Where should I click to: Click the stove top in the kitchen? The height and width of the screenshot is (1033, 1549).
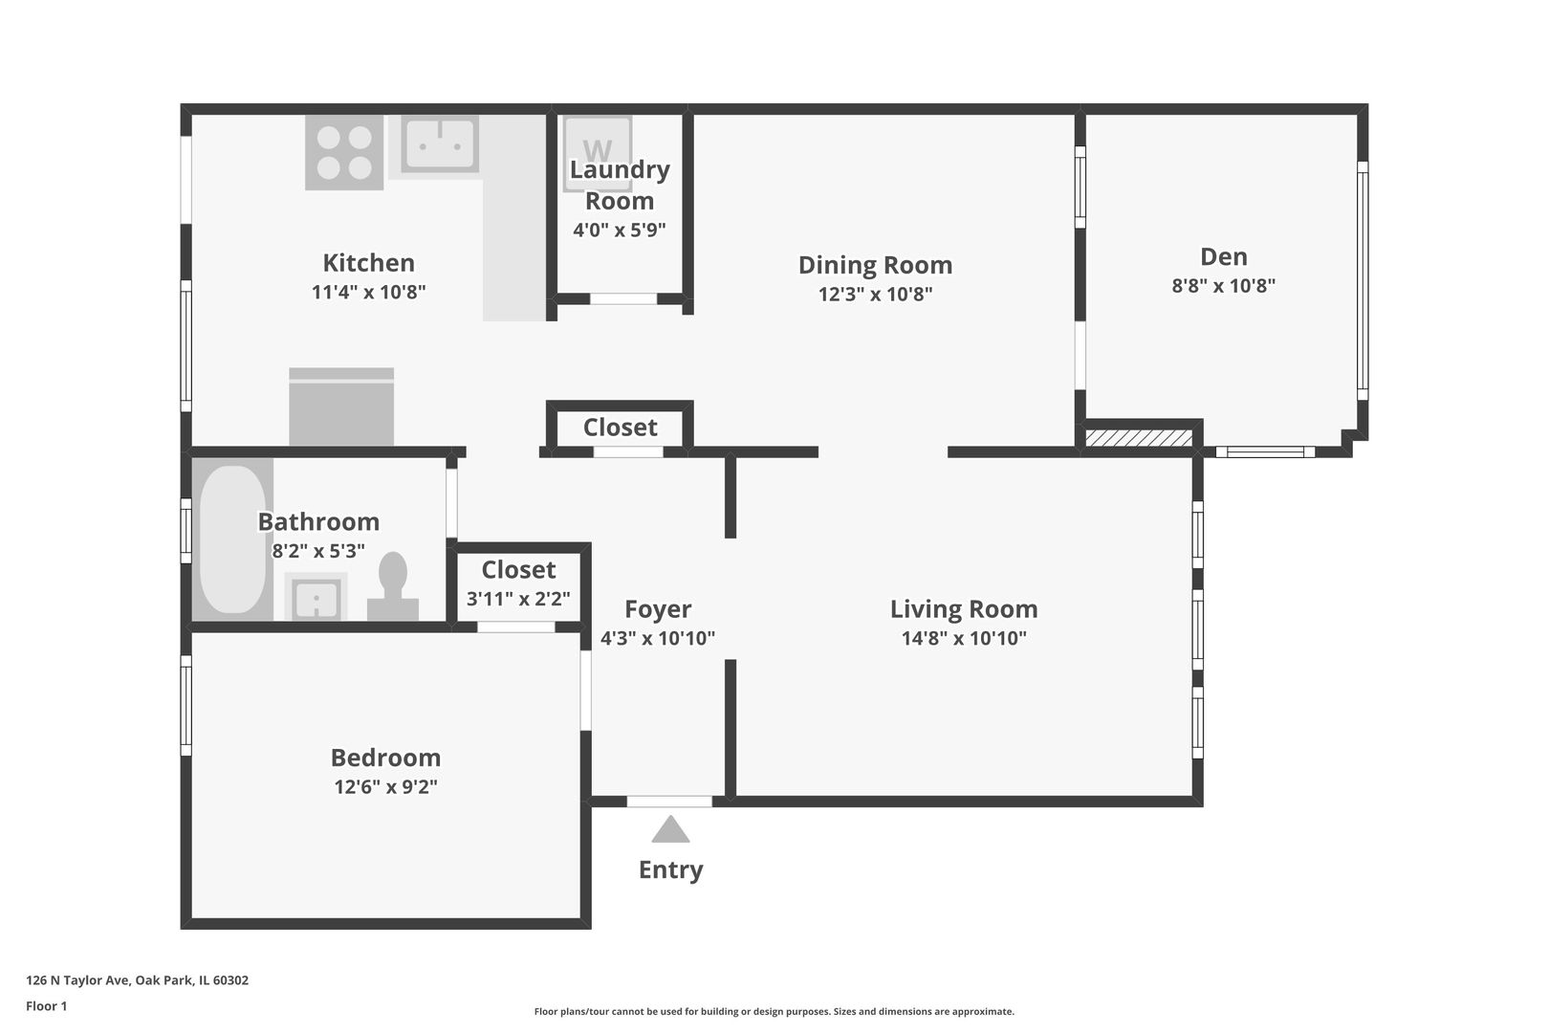pos(344,152)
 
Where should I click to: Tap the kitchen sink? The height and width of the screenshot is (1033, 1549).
pos(441,143)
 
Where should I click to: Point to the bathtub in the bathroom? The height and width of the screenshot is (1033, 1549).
pos(232,539)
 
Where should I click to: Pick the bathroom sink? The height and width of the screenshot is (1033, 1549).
pos(316,598)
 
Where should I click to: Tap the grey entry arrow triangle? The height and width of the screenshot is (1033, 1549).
pos(670,829)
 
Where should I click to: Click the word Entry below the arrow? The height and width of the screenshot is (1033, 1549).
pos(670,869)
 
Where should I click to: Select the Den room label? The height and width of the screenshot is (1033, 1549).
pos(1223,256)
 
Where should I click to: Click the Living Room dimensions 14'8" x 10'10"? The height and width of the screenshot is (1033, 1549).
pos(963,638)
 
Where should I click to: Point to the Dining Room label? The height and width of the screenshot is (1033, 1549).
pos(875,265)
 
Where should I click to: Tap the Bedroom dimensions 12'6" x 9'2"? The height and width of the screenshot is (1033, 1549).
pos(386,786)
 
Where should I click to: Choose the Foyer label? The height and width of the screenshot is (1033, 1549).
pos(658,609)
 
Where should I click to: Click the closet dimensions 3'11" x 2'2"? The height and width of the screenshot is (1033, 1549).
pos(518,599)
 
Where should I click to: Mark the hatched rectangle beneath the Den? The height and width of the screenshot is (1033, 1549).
pos(1138,439)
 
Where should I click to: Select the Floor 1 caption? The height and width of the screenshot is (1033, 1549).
pos(46,1006)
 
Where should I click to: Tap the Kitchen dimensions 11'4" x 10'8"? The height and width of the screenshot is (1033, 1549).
pos(368,292)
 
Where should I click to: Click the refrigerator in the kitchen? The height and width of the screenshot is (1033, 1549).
pos(341,407)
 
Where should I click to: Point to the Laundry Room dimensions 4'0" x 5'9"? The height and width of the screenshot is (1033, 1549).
pos(619,230)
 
